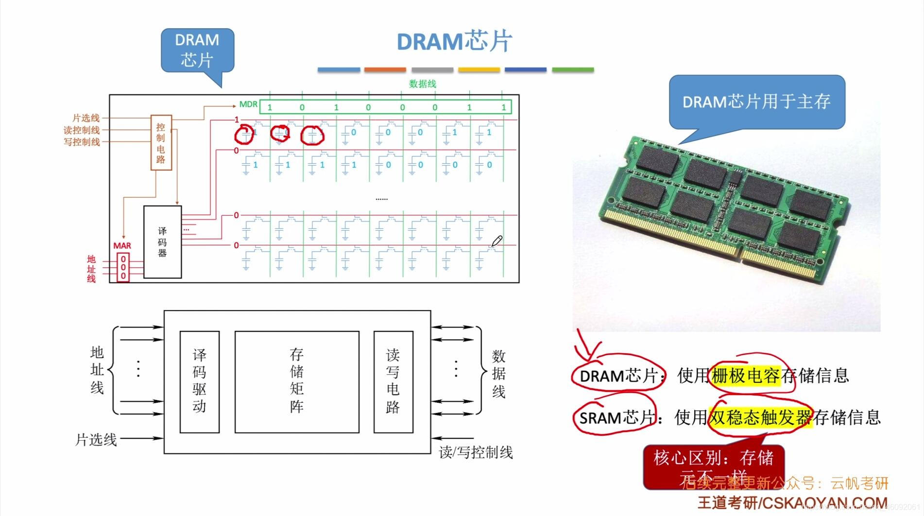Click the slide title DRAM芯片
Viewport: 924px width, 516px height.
point(454,41)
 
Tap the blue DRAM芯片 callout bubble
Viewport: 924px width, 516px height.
point(197,51)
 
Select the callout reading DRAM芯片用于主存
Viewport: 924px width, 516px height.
point(756,102)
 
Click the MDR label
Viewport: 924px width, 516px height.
point(248,104)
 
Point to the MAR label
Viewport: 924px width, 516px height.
point(122,246)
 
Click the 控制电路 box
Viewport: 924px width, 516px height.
point(161,143)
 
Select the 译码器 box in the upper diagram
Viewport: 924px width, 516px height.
point(162,242)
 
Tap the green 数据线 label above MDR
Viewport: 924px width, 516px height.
point(422,84)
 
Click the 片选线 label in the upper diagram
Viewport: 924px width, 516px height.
point(86,118)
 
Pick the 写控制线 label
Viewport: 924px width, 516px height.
point(82,142)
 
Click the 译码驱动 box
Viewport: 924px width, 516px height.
point(199,381)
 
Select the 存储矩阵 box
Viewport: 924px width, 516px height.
point(297,381)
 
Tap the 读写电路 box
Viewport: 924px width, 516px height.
point(393,381)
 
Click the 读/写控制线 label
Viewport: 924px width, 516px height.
point(476,452)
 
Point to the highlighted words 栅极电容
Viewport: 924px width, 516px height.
point(745,376)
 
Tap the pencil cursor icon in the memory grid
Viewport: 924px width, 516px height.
point(497,241)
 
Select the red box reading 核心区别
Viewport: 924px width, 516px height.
point(713,465)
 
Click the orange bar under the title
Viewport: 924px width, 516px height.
point(385,70)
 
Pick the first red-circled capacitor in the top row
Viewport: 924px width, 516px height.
point(244,135)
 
